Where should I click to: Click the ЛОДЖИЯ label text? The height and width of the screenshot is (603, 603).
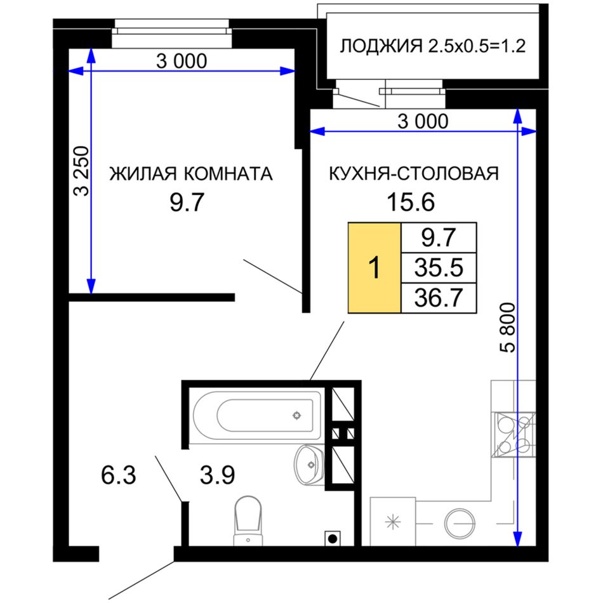381,46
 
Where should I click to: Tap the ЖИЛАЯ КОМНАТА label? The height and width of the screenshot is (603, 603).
191,173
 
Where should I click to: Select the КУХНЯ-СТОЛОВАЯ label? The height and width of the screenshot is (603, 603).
414,173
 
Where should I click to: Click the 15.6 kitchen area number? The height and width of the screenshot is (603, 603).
411,202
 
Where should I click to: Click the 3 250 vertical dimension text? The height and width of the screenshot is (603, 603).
81,171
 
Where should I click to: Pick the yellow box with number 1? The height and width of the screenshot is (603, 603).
374,268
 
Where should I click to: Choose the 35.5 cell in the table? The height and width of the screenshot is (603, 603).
439,268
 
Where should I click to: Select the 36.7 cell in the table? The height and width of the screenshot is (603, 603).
439,298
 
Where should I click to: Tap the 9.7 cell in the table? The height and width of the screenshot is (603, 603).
439,237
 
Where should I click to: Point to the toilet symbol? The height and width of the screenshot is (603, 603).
248,520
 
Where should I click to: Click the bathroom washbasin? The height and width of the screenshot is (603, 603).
309,465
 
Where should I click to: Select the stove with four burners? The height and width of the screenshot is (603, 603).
514,435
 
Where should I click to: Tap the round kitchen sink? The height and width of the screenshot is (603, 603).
459,524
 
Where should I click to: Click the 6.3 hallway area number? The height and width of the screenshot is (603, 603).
119,475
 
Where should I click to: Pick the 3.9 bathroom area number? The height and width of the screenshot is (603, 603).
217,475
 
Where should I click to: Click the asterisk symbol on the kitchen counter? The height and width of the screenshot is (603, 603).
393,522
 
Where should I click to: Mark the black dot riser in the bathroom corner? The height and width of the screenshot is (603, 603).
333,538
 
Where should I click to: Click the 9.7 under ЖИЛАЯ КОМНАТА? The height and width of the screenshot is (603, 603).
187,202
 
